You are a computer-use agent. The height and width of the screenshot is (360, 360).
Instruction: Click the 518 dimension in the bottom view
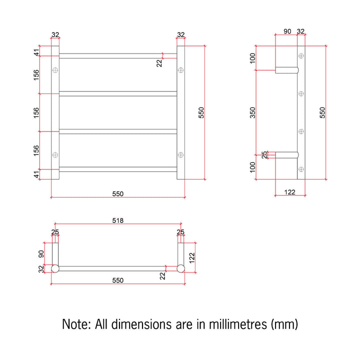tap(118, 220)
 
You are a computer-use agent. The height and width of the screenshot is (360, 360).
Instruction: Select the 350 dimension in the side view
tap(252, 112)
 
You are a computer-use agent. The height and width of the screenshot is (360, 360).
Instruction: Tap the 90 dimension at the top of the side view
tap(287, 31)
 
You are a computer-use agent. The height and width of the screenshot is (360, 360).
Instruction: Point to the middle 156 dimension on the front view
tap(36, 112)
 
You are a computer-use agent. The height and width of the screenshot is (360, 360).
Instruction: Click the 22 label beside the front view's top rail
tap(159, 63)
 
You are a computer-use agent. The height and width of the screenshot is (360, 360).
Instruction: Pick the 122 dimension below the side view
tap(289, 192)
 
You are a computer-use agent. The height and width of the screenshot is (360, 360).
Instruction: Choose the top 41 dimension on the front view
tap(36, 52)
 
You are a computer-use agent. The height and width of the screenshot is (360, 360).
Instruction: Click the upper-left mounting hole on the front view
tap(55, 70)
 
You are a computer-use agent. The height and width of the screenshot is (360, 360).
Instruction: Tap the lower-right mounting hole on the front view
tap(180, 154)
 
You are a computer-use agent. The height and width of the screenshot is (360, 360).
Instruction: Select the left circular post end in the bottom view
tap(55, 268)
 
